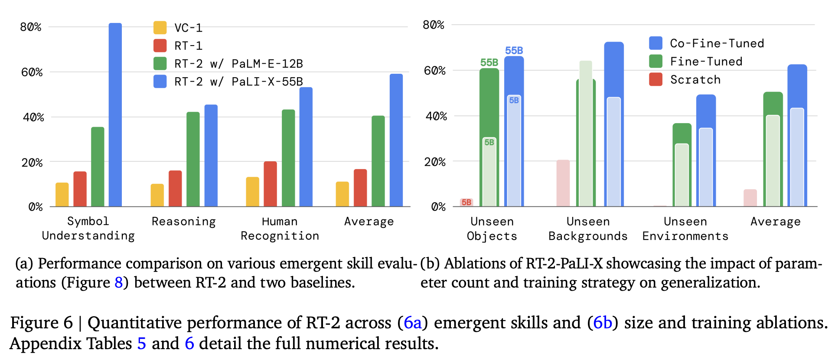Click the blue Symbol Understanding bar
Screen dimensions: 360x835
coord(115,115)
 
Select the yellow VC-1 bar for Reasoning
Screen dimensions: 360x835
coord(157,195)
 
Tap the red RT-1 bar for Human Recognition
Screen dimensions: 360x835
coord(270,184)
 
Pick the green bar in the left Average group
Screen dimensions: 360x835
coord(378,161)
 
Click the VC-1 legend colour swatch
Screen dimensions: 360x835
coord(160,28)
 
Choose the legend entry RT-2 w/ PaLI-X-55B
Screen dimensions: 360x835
coord(238,82)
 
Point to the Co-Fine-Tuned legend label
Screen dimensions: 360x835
coord(717,43)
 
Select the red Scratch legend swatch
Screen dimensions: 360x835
coord(656,80)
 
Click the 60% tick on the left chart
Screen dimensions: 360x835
coord(32,72)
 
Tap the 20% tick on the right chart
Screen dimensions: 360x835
coord(434,162)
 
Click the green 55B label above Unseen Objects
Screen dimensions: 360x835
coord(489,62)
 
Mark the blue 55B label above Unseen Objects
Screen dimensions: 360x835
coord(514,51)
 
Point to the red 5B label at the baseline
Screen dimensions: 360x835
coord(466,202)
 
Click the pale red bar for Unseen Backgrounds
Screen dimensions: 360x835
coord(563,183)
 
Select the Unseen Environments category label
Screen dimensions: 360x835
coord(685,229)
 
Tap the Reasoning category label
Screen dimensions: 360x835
coord(183,222)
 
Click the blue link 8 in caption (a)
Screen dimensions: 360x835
coord(118,283)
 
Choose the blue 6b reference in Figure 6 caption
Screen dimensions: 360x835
coord(602,323)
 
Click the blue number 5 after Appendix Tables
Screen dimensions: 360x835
coord(141,344)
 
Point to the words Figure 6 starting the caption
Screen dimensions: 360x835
coord(41,323)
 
